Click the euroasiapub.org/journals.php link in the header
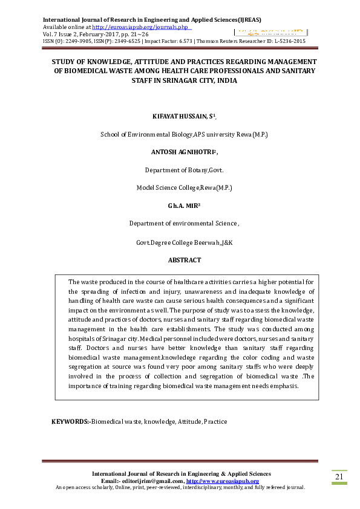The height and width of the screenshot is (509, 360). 140,27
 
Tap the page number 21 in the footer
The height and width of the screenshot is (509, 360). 339,477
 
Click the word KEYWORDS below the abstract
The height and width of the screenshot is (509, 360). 69,421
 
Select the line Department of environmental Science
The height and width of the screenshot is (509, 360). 184,224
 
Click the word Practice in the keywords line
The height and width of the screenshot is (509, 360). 215,421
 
